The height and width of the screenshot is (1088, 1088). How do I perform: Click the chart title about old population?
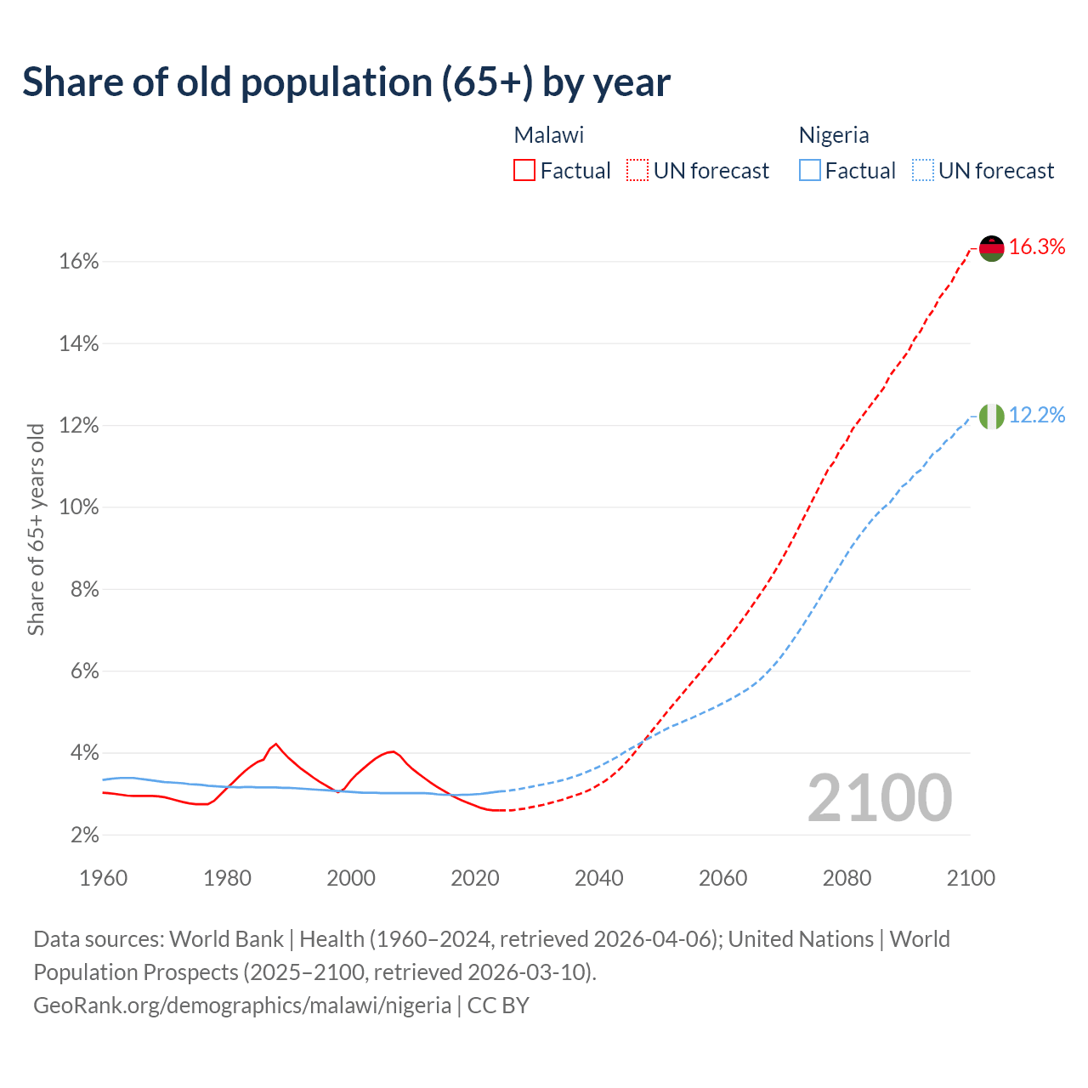tap(346, 82)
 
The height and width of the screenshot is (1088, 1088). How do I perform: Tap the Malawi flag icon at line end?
tap(992, 248)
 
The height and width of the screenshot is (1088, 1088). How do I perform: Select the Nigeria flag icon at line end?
tap(992, 416)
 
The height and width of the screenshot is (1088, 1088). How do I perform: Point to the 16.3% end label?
tap(1037, 247)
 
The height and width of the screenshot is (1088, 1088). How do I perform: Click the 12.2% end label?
tap(1037, 416)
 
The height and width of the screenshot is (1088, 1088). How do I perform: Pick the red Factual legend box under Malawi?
tap(524, 171)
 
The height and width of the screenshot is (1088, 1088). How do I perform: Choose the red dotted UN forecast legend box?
tap(637, 171)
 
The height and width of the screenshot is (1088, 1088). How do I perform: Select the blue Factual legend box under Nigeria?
tap(810, 171)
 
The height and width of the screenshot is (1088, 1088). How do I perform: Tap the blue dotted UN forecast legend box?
tap(922, 171)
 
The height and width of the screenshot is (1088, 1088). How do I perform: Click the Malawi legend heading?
tap(549, 135)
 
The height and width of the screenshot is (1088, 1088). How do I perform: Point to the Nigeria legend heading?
tap(834, 135)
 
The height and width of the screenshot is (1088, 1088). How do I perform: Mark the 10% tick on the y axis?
tap(79, 507)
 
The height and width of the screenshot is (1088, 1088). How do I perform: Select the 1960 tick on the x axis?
tap(104, 878)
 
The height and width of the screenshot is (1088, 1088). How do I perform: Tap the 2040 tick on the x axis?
tap(599, 878)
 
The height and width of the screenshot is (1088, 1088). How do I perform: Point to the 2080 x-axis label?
tap(847, 878)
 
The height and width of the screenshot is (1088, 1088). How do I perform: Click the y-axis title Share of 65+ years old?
tap(36, 529)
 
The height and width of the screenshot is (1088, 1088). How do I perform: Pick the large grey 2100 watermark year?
tap(880, 798)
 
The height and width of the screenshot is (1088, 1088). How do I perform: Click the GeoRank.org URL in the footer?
tap(242, 1006)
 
